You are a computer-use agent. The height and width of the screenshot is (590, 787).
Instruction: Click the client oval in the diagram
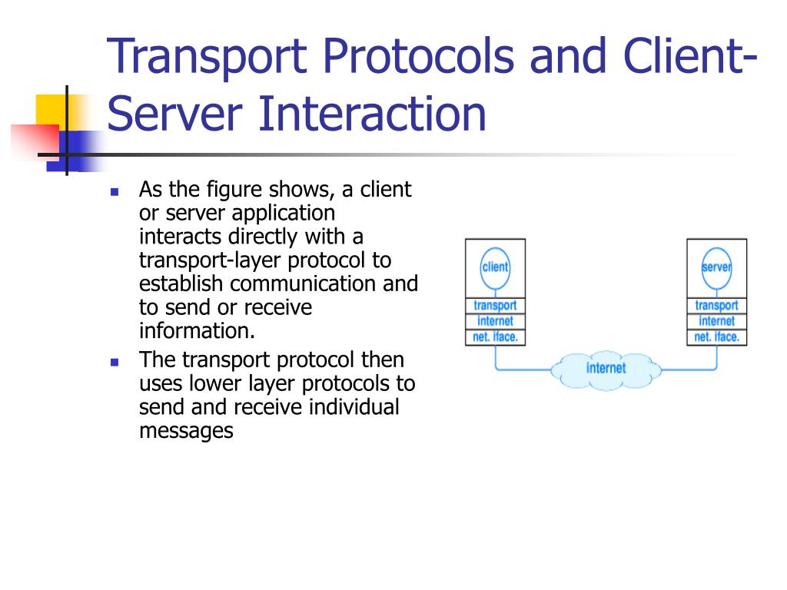[495, 268]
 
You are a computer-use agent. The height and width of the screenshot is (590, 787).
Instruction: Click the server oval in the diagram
[716, 268]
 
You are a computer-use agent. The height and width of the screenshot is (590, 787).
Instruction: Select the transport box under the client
[495, 306]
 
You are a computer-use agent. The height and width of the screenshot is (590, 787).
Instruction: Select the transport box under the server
[716, 306]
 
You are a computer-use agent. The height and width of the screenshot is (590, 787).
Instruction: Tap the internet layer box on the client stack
[495, 321]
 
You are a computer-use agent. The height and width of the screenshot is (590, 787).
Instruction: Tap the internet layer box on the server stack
[716, 321]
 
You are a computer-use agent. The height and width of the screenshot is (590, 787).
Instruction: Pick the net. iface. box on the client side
[495, 336]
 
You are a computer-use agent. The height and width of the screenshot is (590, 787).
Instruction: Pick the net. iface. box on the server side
[716, 336]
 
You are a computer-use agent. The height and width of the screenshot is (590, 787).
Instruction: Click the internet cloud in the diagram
[606, 369]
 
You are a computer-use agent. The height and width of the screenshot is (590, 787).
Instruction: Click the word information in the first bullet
[196, 331]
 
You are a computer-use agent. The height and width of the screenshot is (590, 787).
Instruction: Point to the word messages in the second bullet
[185, 431]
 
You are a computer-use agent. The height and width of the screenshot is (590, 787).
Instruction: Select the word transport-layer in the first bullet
[212, 260]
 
